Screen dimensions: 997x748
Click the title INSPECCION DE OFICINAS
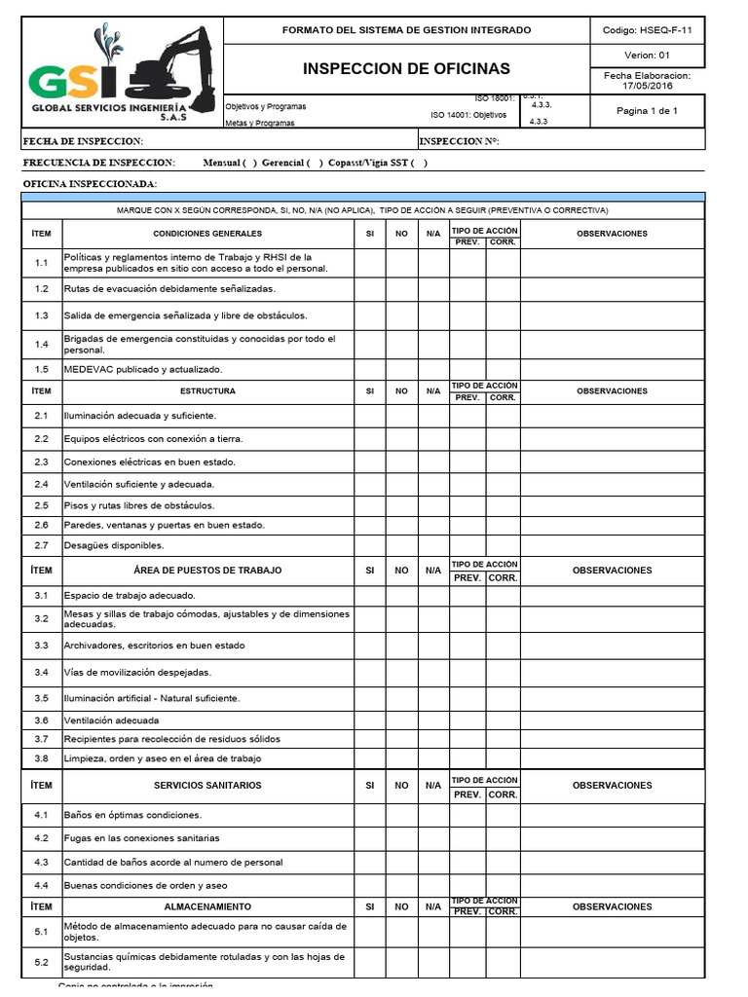pos(406,69)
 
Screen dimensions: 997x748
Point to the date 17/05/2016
pos(648,86)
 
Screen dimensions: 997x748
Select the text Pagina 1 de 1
pos(648,111)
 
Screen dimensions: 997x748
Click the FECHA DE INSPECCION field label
pos(83,142)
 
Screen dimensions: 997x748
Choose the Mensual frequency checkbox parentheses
pos(250,163)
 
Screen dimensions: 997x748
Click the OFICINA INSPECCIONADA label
pos(89,184)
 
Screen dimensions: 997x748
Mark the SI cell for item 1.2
pos(369,289)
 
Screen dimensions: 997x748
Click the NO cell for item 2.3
pos(401,462)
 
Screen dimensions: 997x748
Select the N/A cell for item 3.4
pos(433,672)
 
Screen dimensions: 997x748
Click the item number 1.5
pos(41,370)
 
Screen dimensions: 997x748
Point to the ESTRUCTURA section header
pos(207,391)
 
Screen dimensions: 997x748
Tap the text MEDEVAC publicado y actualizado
pos(143,370)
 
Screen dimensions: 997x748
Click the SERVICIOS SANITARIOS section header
pos(207,786)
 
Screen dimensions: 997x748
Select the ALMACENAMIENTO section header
pos(207,906)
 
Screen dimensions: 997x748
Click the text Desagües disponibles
pos(114,545)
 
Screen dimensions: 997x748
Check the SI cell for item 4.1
pos(369,815)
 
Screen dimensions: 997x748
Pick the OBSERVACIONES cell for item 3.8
pos(612,758)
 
